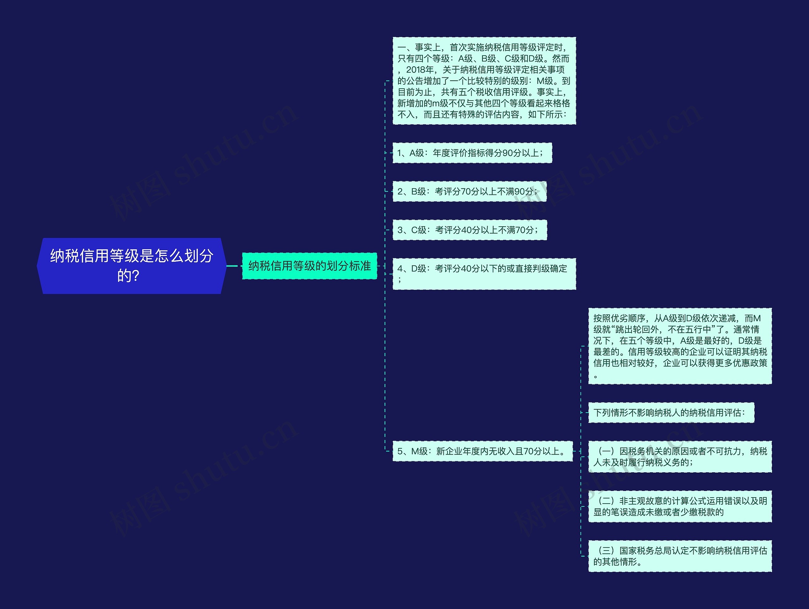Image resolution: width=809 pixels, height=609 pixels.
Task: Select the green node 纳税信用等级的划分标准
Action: tap(309, 266)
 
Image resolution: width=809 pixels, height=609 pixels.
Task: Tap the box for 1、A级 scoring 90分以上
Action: tap(472, 153)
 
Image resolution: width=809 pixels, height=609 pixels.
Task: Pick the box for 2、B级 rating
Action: tap(469, 191)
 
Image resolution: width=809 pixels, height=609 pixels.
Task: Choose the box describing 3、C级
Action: tap(470, 230)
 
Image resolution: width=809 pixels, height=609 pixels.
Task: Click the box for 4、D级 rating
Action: tap(484, 274)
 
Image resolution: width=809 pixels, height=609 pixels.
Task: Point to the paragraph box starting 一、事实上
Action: tap(484, 81)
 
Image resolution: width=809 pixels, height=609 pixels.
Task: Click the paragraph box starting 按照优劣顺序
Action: tap(679, 346)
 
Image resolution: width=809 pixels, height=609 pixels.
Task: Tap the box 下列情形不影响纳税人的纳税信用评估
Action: tap(671, 412)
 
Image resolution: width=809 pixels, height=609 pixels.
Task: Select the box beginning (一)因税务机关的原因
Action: tap(679, 457)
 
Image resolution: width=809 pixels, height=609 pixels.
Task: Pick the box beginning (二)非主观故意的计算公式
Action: tap(679, 506)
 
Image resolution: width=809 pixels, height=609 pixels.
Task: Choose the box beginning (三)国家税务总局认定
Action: tap(679, 556)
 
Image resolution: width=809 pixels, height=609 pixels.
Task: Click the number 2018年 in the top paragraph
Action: tap(420, 70)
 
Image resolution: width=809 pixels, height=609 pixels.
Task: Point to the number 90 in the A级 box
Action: tap(508, 153)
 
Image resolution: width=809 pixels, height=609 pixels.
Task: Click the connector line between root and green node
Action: tap(233, 266)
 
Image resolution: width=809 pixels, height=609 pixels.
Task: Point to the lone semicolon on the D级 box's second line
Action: tap(400, 280)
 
